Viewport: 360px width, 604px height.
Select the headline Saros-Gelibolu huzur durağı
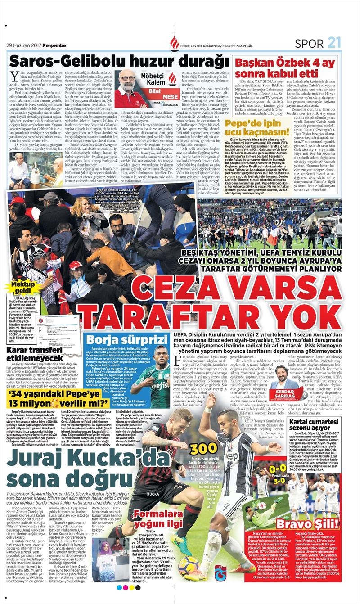117,60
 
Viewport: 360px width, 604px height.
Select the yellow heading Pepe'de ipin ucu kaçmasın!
258,127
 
